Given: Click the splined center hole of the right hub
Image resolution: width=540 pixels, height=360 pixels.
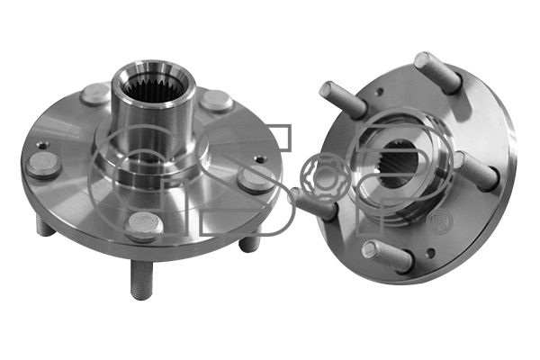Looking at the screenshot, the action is [402, 164].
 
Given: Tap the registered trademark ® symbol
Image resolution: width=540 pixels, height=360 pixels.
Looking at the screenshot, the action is [440, 222].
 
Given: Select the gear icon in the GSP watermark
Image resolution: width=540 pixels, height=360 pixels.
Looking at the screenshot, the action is [321, 177].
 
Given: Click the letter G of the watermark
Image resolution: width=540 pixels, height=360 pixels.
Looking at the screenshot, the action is [138, 179].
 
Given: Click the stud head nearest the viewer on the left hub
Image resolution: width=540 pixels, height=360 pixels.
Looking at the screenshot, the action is [144, 226].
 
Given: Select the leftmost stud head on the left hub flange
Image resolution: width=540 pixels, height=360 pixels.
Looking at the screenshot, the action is [43, 166].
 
